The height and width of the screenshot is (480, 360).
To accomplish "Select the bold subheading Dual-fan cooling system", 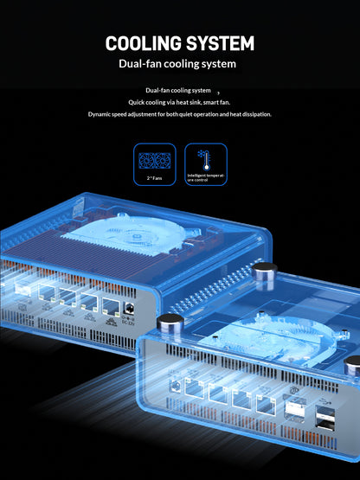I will point(179,64).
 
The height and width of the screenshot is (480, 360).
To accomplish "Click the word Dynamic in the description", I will point(103,114).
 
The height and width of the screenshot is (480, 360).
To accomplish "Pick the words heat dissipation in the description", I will point(244,114).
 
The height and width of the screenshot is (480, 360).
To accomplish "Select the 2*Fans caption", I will point(154,177).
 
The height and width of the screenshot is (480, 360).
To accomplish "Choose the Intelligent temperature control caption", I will point(206,178).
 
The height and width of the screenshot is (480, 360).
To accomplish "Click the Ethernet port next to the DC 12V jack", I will point(109,305).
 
